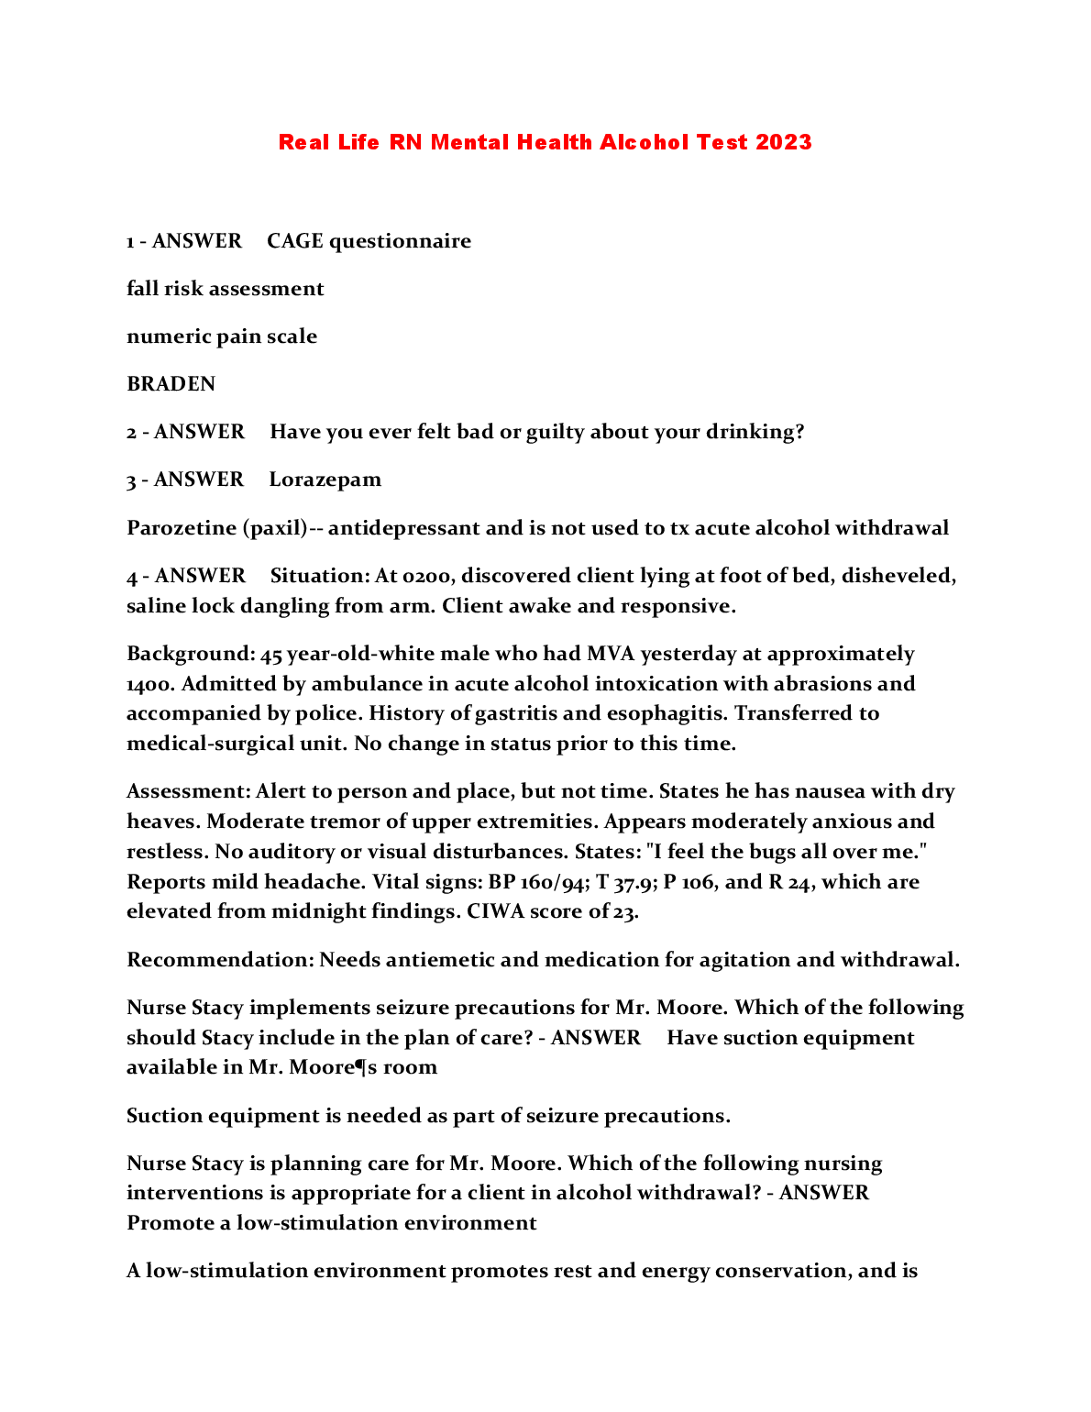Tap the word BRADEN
(171, 384)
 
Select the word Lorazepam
(325, 480)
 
